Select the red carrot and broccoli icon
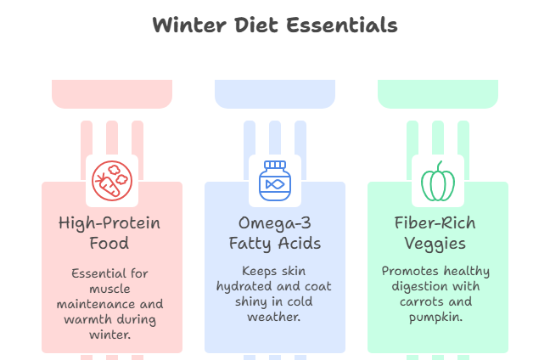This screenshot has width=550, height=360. (x=112, y=180)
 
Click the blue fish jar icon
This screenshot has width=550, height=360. (x=275, y=180)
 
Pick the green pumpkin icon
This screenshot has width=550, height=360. (x=438, y=180)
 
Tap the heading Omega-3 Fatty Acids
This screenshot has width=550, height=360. (x=275, y=233)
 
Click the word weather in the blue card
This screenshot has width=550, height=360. (x=275, y=318)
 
